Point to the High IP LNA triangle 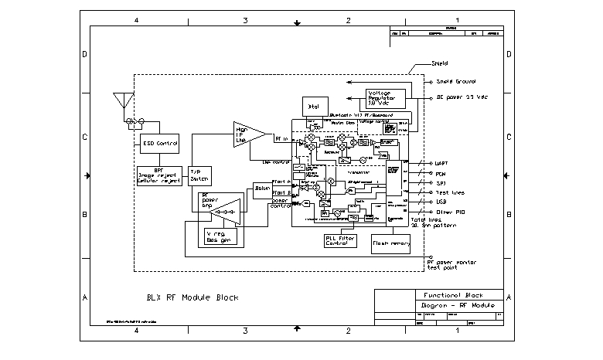[247, 135]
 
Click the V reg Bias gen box [219, 237]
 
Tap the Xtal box [314, 105]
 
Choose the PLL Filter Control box [341, 240]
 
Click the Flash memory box [391, 243]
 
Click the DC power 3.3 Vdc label [462, 98]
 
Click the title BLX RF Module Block [192, 297]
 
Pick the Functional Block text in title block [453, 295]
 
